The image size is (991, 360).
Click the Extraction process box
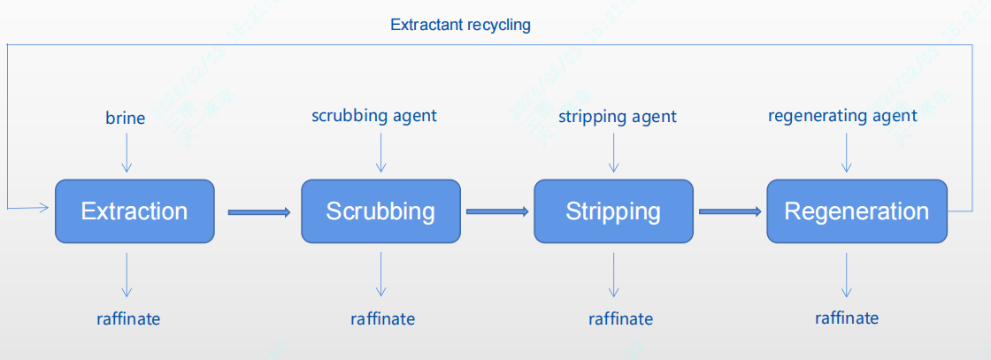point(134,211)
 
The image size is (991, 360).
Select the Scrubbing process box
point(380,211)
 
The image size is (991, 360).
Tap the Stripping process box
point(613,211)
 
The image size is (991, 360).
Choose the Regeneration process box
point(857,211)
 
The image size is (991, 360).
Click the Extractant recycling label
point(460,25)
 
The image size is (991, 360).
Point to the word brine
point(126,118)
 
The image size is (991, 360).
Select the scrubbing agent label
point(374,116)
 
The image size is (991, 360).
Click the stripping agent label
point(618,117)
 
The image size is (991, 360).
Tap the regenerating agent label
point(842,116)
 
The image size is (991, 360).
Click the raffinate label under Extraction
point(128,318)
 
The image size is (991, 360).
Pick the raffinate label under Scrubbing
point(383,318)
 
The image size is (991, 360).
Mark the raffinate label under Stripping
point(621,318)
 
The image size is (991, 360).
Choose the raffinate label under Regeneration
point(847,318)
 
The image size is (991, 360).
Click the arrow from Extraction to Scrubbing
point(258,211)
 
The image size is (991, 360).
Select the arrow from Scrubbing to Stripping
point(496,211)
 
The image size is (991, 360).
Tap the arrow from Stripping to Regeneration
point(730,211)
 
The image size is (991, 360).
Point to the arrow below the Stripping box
point(612,275)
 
